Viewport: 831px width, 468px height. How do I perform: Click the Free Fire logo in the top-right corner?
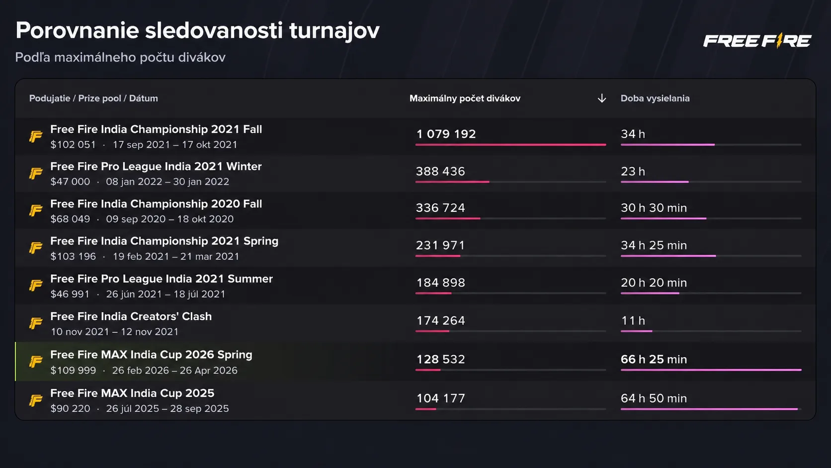756,41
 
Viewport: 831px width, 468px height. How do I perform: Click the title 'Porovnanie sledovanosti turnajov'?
197,30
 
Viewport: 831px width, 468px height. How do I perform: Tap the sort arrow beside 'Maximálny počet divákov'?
601,98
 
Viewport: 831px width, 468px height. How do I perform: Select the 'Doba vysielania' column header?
655,98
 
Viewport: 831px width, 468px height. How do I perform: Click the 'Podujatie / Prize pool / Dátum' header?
93,98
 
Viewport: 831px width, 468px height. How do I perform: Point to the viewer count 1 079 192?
446,134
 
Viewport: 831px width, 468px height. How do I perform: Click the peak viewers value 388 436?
440,171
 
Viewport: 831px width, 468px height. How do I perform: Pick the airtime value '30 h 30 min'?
654,208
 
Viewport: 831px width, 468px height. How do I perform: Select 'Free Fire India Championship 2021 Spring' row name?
164,241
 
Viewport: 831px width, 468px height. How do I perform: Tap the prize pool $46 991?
70,294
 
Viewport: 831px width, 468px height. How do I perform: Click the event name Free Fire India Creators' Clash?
131,316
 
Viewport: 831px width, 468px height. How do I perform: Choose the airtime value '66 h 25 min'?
654,359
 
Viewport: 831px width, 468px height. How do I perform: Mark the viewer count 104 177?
440,398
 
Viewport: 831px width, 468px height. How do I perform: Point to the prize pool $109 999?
73,371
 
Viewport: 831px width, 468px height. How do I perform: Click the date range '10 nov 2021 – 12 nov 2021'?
114,332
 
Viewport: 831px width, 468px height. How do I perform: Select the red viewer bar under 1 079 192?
510,145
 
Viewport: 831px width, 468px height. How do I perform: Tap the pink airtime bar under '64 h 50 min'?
709,409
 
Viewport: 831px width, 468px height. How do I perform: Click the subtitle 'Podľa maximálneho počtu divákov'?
120,57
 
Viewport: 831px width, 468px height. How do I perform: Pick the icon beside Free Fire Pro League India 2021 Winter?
36,174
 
